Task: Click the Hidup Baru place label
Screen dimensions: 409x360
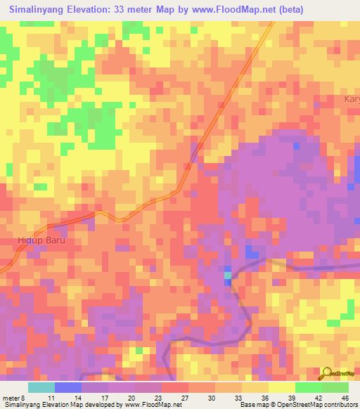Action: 39,240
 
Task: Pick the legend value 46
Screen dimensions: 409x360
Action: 344,397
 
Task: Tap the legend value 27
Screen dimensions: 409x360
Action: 185,397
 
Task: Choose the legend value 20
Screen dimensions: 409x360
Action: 131,397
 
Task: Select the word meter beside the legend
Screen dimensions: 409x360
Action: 12,397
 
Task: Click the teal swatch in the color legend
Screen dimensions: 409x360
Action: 41,387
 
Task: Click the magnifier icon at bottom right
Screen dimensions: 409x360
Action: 326,373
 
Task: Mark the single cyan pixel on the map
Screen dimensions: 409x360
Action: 227,275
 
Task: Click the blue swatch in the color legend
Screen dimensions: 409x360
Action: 68,387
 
